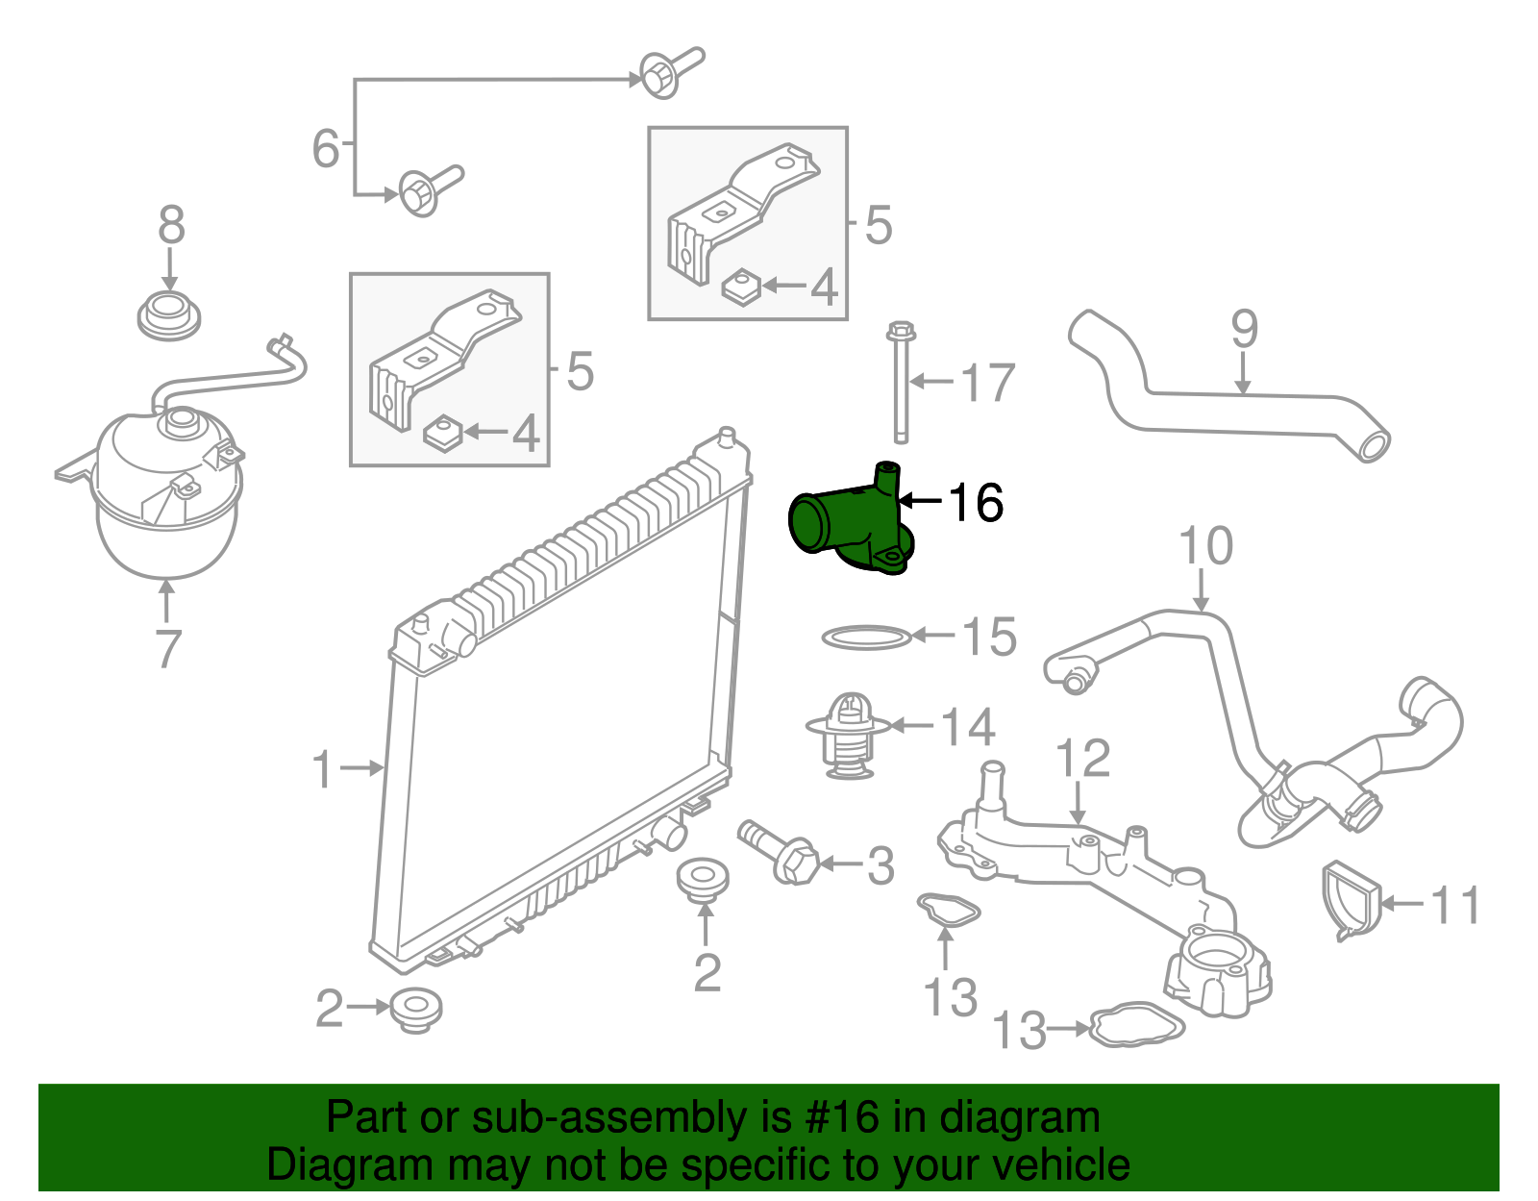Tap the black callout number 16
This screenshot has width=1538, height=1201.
click(x=976, y=503)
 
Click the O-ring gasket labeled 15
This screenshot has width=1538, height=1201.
click(x=865, y=637)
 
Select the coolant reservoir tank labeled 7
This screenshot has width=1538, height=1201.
click(x=166, y=495)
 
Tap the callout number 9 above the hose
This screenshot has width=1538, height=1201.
click(x=1244, y=330)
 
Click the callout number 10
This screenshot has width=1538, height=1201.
click(x=1205, y=546)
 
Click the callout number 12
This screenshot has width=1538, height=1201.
click(x=1083, y=759)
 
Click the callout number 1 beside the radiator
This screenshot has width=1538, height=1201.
click(x=323, y=770)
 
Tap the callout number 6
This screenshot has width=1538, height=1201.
click(x=326, y=148)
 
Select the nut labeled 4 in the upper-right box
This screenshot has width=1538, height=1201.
click(x=741, y=286)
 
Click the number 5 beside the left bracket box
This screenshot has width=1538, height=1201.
click(x=580, y=371)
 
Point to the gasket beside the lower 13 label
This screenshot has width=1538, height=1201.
click(x=1137, y=1026)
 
